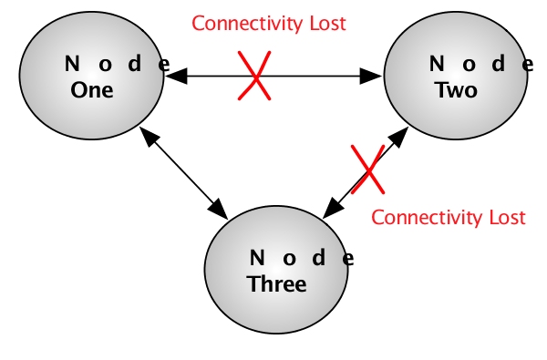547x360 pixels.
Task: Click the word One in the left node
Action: click(92, 91)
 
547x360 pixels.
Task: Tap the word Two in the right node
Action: click(456, 91)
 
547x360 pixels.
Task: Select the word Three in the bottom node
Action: click(276, 284)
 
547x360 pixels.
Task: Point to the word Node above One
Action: click(117, 65)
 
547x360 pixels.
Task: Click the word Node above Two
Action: click(480, 65)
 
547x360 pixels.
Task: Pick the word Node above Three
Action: click(300, 258)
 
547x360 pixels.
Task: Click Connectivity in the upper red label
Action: click(239, 23)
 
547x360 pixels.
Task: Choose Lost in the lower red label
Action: click(508, 218)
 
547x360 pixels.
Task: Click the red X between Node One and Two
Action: click(254, 76)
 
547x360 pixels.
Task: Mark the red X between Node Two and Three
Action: click(368, 169)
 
